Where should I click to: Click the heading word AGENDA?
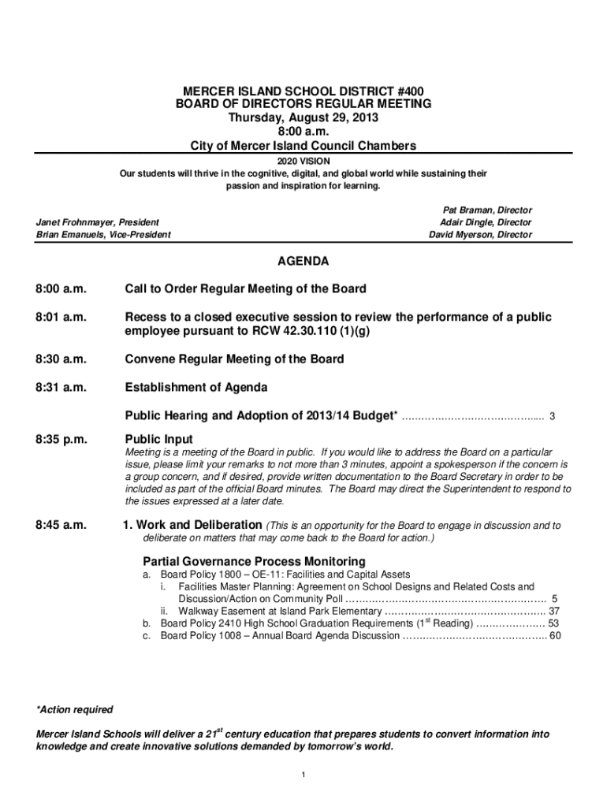(x=303, y=261)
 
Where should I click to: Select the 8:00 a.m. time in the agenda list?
(x=61, y=289)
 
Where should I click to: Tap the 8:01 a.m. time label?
(x=61, y=318)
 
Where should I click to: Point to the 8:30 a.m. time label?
(x=61, y=359)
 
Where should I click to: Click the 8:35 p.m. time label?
(x=61, y=439)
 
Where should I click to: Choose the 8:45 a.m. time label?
(x=61, y=526)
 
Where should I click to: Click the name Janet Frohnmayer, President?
(x=98, y=223)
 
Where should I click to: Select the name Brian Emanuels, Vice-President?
(x=103, y=235)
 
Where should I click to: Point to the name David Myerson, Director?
(x=480, y=235)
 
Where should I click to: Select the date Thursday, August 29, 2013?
(x=303, y=117)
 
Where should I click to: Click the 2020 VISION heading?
(x=303, y=160)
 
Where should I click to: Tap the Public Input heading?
(x=159, y=439)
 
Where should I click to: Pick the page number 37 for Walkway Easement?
(x=554, y=611)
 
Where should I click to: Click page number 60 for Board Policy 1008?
(x=555, y=635)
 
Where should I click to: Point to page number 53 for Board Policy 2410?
(x=553, y=623)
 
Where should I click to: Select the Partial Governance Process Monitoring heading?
(x=254, y=561)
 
